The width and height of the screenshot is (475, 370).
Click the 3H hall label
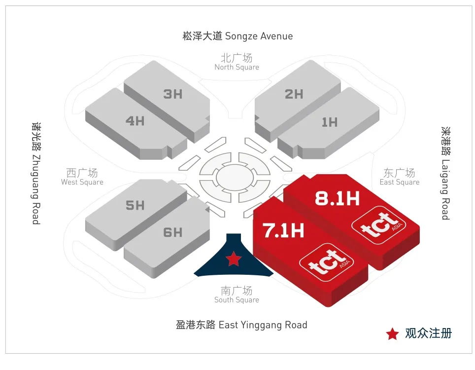172,94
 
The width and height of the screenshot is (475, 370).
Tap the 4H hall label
135,121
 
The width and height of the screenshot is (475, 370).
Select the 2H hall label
294,94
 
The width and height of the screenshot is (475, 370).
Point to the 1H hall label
330,122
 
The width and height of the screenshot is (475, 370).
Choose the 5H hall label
135,205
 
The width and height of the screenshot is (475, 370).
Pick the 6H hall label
172,232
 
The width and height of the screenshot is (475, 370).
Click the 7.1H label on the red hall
283,230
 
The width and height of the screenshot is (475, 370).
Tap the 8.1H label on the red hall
338,198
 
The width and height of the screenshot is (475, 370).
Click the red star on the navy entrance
233,258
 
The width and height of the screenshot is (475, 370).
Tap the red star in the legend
392,334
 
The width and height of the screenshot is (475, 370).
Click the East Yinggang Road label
241,325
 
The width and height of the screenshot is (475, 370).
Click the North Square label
237,62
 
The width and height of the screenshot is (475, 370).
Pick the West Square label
82,177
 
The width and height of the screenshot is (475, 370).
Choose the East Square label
400,177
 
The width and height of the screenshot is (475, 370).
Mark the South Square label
237,295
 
